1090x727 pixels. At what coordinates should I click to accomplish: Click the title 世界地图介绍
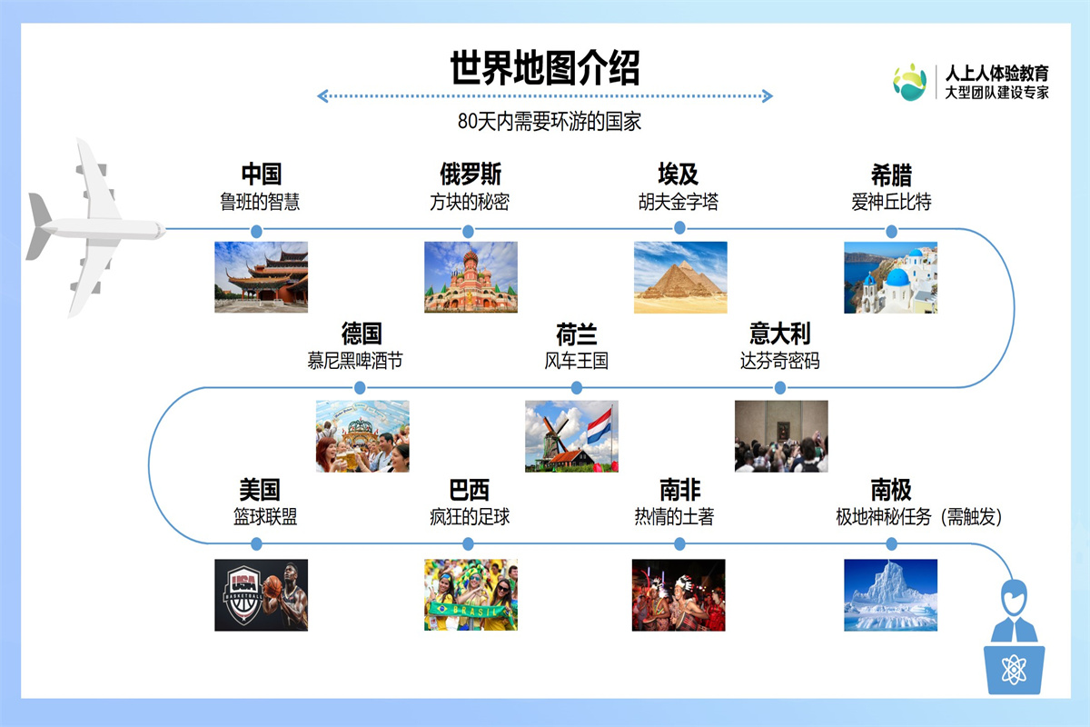coord(544,68)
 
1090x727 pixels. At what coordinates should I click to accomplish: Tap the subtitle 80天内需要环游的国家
coord(550,121)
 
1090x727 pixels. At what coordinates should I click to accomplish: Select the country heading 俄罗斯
coord(471,174)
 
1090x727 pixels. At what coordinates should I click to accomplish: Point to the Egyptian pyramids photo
coord(680,277)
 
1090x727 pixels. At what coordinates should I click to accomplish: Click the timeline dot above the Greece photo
coord(891,232)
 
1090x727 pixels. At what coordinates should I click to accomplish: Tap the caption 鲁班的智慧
coord(260,202)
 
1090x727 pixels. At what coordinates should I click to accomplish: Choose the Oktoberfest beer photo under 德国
coord(362,436)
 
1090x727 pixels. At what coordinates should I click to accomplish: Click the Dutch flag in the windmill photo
coord(599,426)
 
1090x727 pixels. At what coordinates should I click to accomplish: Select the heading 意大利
coord(780,334)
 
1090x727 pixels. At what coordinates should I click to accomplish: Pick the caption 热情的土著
coord(674,517)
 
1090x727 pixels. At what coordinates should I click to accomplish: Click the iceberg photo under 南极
coord(890,594)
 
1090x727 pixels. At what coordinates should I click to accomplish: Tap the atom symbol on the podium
coord(1014,670)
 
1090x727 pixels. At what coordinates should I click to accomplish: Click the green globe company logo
coord(909,83)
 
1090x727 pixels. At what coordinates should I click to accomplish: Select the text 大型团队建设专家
coord(996,93)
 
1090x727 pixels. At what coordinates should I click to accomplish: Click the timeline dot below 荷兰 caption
coord(576,388)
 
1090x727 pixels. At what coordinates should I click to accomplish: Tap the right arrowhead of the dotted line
coord(768,96)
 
